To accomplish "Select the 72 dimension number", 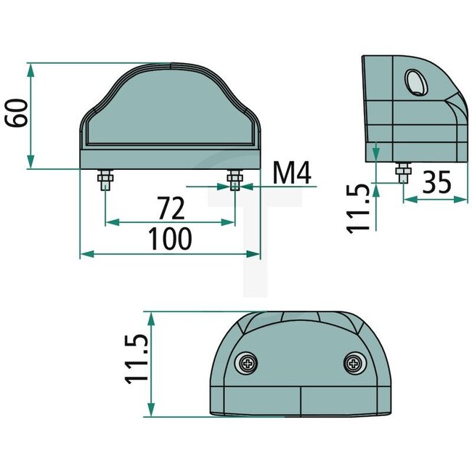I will point(168,209).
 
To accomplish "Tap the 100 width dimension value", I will point(169,238).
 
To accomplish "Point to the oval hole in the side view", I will point(416,83).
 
